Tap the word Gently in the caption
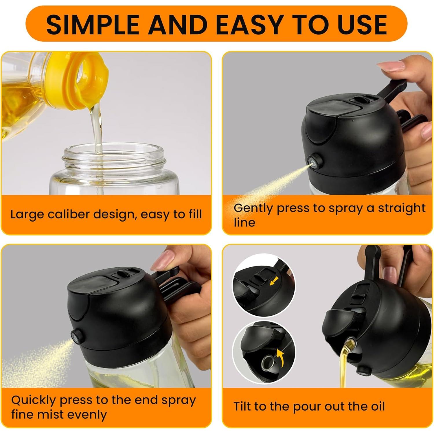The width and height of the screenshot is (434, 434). tap(253, 208)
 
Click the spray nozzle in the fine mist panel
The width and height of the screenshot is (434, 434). tap(76, 336)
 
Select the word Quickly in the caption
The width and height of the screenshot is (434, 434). tap(33, 400)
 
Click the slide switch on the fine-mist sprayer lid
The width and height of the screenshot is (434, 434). tap(122, 274)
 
